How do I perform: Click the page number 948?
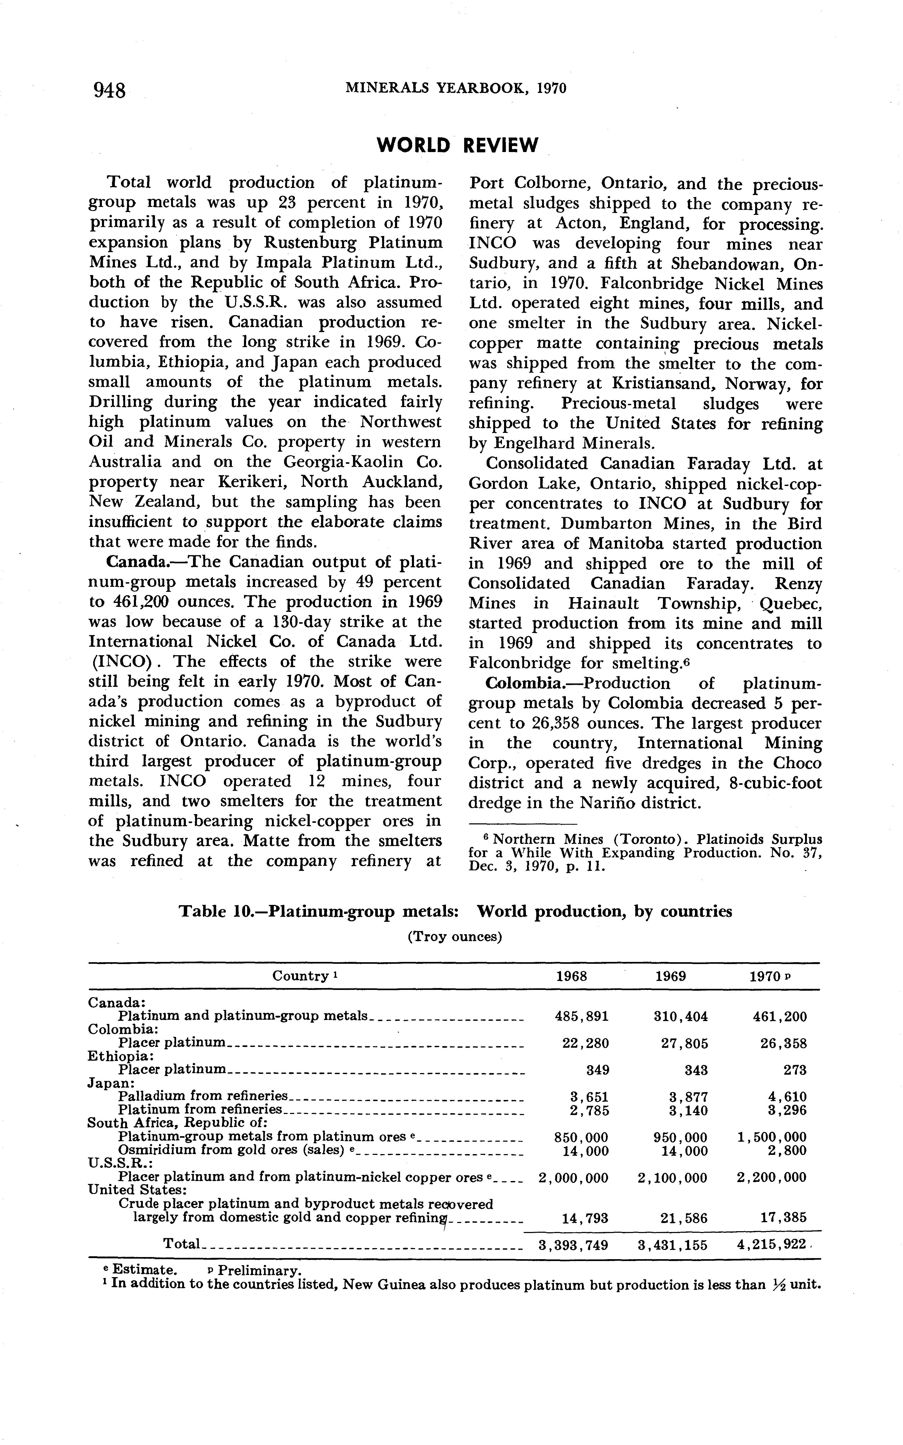109,90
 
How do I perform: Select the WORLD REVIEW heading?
458,145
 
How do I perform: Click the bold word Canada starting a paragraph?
127,563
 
